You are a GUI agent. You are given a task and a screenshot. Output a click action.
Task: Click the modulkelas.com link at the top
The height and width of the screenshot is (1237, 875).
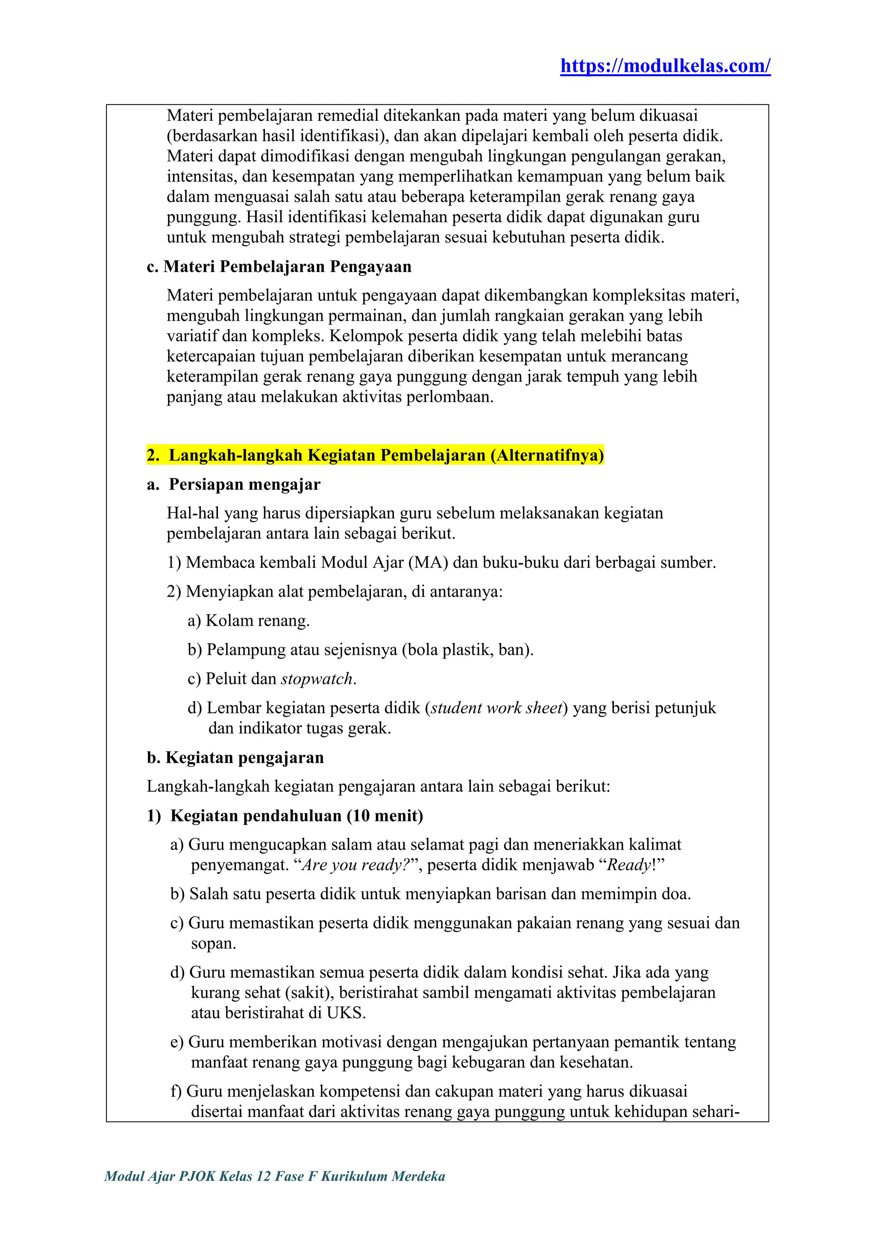click(x=665, y=66)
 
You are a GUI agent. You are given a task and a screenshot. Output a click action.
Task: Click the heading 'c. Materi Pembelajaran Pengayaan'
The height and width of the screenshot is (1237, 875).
click(x=279, y=266)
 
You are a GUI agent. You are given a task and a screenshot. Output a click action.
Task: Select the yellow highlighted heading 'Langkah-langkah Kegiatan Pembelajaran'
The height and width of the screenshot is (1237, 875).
click(x=375, y=455)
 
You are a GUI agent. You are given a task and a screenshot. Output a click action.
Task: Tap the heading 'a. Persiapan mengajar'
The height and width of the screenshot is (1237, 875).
click(x=233, y=484)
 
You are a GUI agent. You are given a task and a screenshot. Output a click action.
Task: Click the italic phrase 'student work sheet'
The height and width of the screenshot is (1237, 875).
click(x=496, y=707)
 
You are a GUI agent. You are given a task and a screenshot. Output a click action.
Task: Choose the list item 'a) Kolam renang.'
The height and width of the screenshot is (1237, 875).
click(x=248, y=620)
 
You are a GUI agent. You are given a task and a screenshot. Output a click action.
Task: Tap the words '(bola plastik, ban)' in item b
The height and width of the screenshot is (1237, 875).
click(x=467, y=649)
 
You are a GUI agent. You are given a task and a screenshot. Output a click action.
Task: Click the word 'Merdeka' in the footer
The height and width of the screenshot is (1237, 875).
click(x=418, y=1175)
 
